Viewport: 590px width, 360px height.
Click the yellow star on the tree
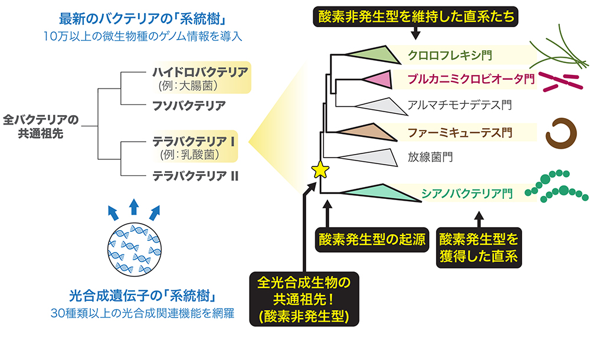coord(320,170)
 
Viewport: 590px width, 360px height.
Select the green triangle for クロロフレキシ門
coord(372,54)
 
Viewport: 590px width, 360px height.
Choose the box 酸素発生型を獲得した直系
coord(478,248)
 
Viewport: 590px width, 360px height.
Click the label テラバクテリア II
coord(195,175)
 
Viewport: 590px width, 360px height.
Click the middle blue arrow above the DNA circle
coord(134,206)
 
